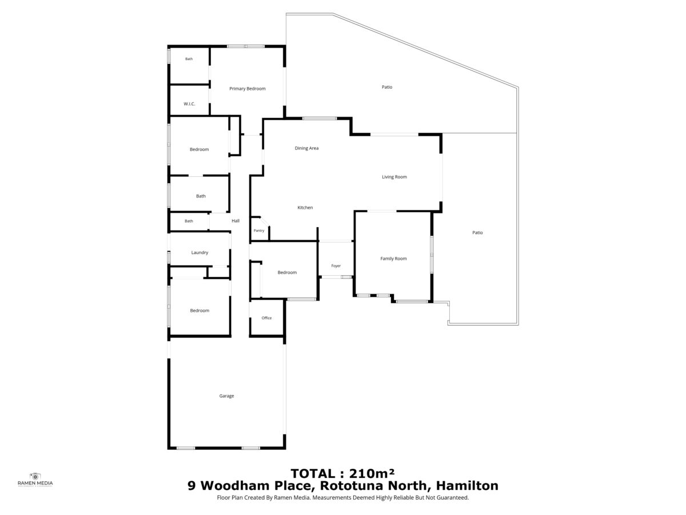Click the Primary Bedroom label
pyautogui.click(x=247, y=89)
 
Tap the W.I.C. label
pyautogui.click(x=189, y=104)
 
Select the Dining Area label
pyautogui.click(x=306, y=148)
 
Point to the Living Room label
pyautogui.click(x=394, y=177)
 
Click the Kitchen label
pyautogui.click(x=305, y=208)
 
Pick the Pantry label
pyautogui.click(x=259, y=231)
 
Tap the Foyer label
pyautogui.click(x=336, y=266)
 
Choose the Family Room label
pyautogui.click(x=393, y=259)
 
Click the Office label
pyautogui.click(x=266, y=318)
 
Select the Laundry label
pyautogui.click(x=200, y=253)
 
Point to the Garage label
pyautogui.click(x=226, y=396)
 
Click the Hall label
pyautogui.click(x=236, y=221)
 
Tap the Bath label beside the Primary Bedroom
pyautogui.click(x=189, y=59)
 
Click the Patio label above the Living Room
pyautogui.click(x=387, y=87)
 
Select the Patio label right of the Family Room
pyautogui.click(x=477, y=233)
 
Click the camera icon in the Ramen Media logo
pyautogui.click(x=35, y=476)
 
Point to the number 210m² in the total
pyautogui.click(x=372, y=473)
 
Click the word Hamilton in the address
pyautogui.click(x=467, y=486)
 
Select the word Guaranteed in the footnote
pyautogui.click(x=454, y=497)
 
